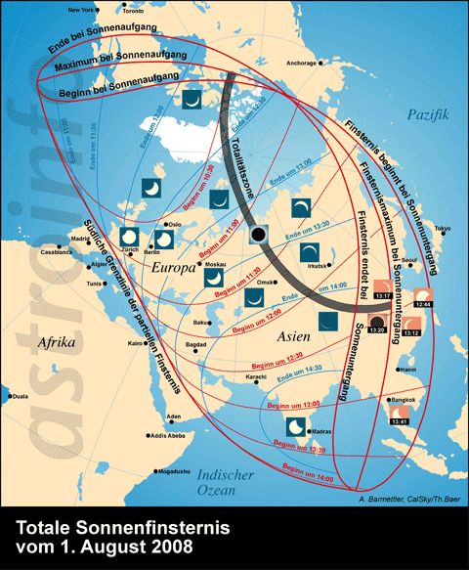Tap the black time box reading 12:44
425,305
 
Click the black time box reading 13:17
383,295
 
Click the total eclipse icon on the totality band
258,236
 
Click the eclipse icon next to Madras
294,427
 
